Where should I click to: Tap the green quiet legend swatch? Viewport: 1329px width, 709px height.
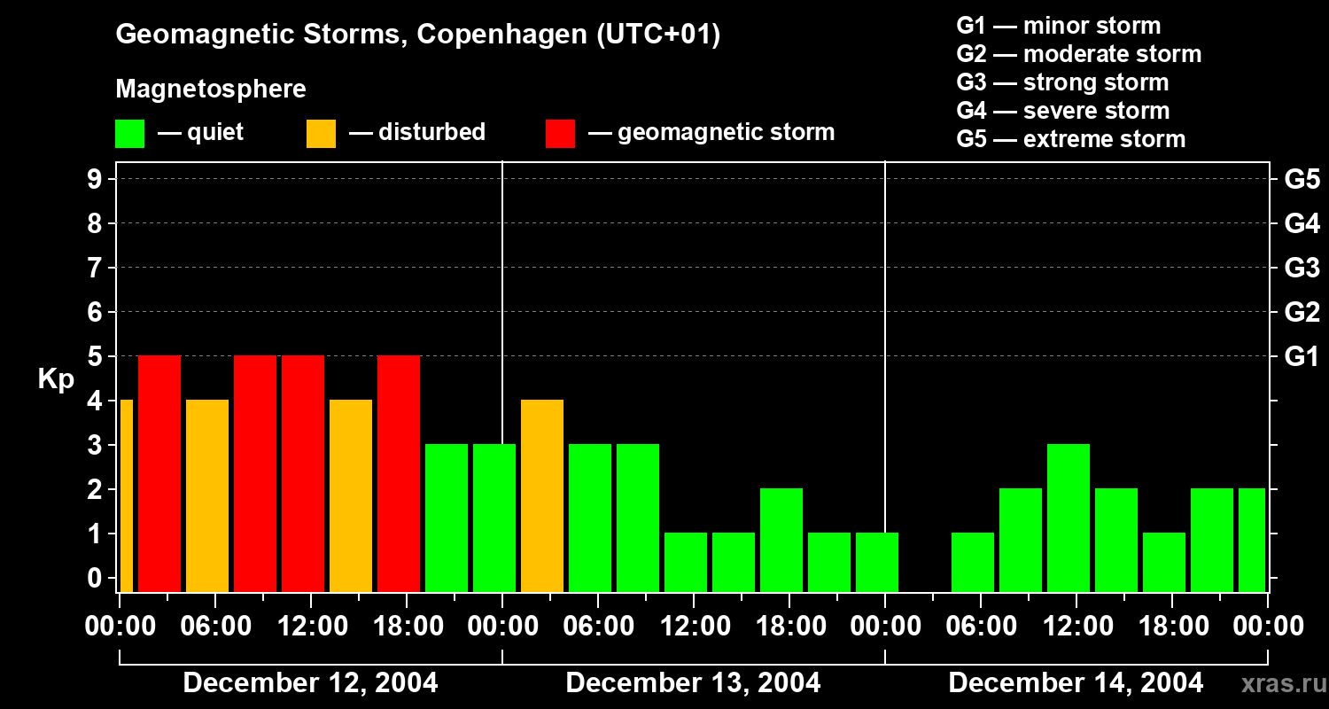[x=129, y=134]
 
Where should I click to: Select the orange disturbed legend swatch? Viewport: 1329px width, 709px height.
[x=321, y=134]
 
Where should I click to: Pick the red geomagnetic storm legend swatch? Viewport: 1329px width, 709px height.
[x=560, y=134]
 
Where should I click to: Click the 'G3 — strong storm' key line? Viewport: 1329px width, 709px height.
[x=1062, y=82]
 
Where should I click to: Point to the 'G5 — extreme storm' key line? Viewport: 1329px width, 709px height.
[x=1070, y=139]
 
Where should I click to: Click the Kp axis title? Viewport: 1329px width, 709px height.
[x=55, y=378]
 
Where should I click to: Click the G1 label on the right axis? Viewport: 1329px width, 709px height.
[x=1302, y=356]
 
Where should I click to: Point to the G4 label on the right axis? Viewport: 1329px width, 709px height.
[x=1302, y=223]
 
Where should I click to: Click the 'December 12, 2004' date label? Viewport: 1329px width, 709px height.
[x=310, y=683]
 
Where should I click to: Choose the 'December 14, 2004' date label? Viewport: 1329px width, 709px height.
[x=1076, y=683]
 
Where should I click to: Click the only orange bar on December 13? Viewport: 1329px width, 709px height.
[x=542, y=495]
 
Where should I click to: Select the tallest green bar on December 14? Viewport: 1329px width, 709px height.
[x=1069, y=518]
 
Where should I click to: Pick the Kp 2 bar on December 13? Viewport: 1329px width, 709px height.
[x=781, y=540]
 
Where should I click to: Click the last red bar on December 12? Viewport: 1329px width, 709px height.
[x=399, y=473]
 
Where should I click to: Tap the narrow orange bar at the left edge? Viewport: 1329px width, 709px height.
[x=126, y=495]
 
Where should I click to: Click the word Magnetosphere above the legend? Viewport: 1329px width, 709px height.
[x=211, y=90]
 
